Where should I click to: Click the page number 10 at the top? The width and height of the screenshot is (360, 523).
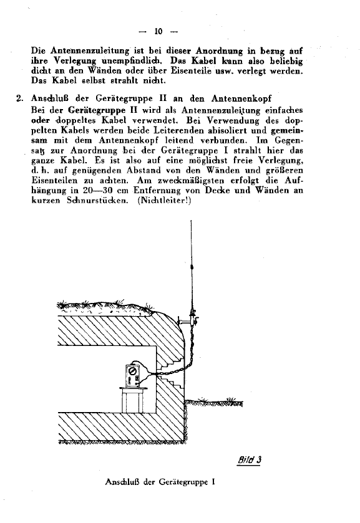(158, 31)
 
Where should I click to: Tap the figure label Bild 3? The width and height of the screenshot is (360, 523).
(248, 461)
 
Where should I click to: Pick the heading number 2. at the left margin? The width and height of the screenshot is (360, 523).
(19, 98)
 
